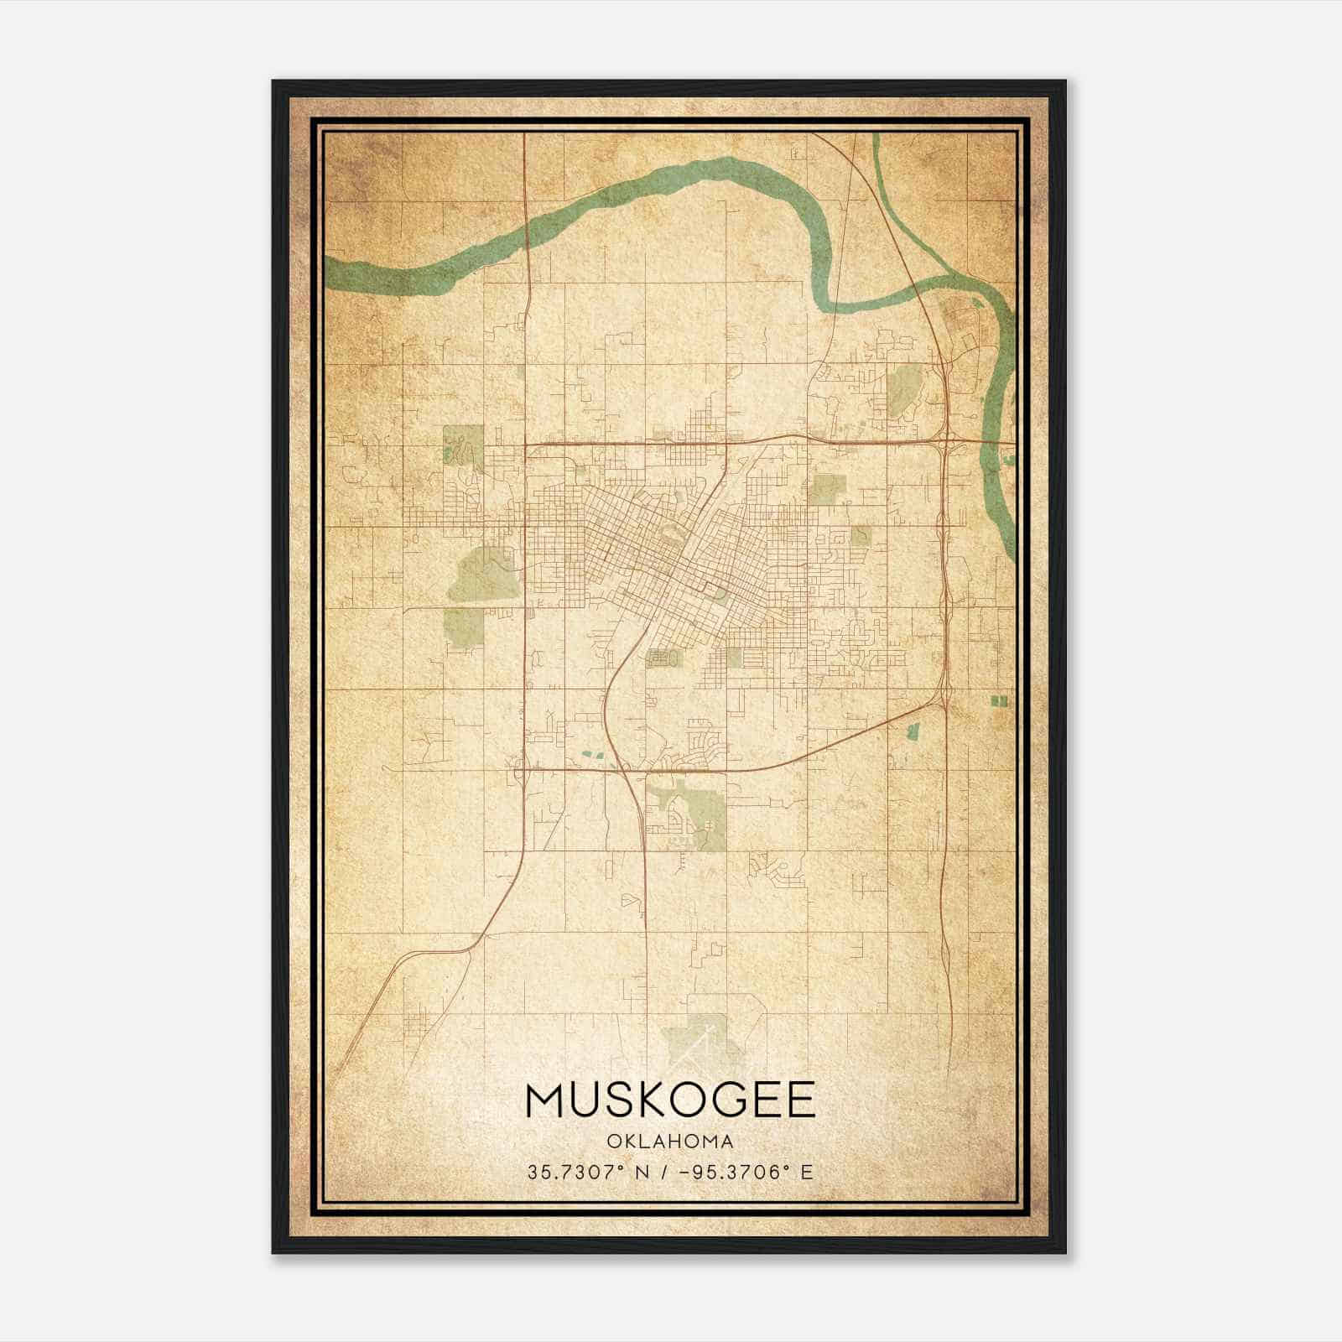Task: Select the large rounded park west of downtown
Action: pos(482,575)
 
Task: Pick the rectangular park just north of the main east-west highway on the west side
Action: pos(463,444)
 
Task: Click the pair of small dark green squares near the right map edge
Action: pos(998,700)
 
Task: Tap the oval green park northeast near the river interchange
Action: pos(902,387)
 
